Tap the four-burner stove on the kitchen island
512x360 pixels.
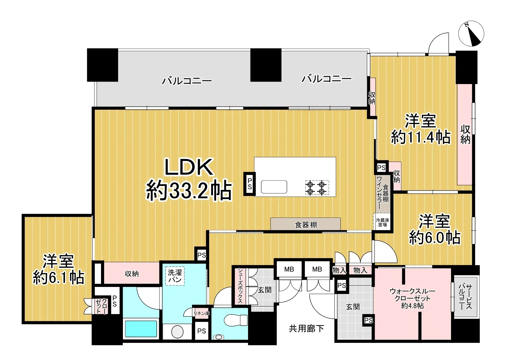point(317,187)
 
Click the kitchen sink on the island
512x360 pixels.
point(274,187)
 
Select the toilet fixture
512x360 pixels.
point(236,320)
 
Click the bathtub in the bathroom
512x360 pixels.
point(141,329)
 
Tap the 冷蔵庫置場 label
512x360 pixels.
point(383,222)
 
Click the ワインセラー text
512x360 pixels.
point(379,192)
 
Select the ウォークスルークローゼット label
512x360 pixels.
point(413,298)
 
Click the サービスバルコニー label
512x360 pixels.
point(465,297)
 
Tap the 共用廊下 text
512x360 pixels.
point(306,328)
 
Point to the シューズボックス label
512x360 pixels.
point(240,285)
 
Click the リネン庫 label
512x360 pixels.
point(201,313)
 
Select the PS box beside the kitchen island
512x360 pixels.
point(249,184)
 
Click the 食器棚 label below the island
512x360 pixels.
point(306,225)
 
